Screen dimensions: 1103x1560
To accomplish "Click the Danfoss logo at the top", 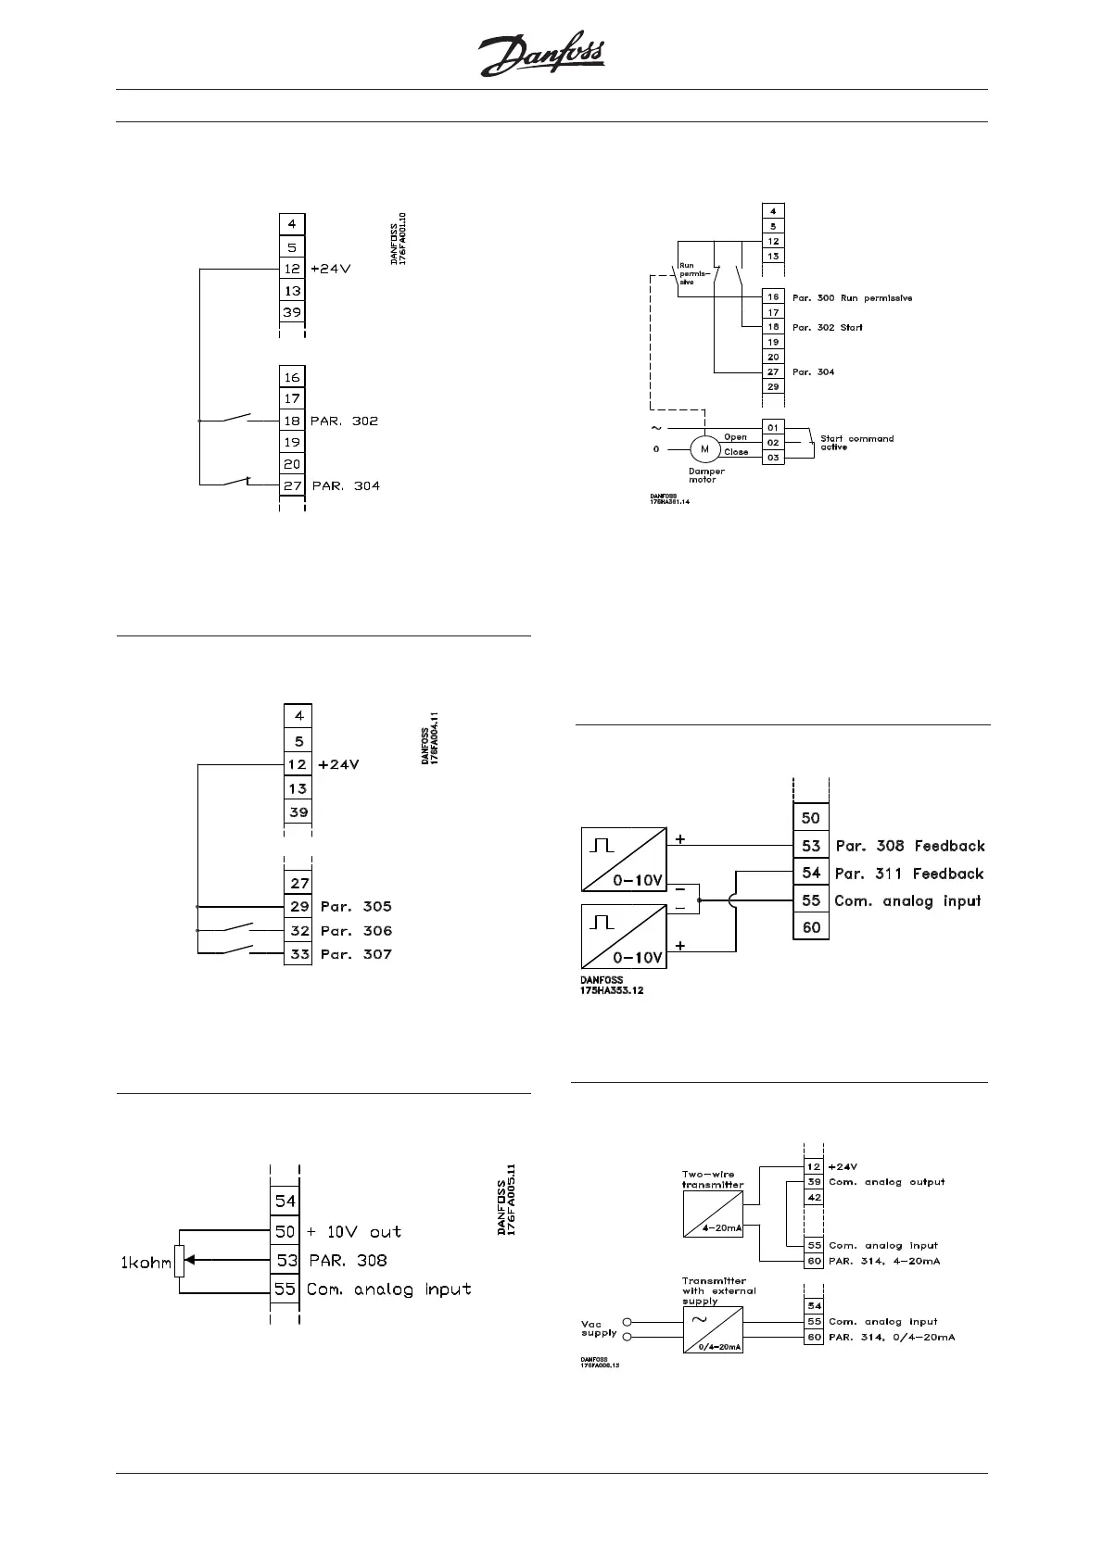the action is [x=542, y=57].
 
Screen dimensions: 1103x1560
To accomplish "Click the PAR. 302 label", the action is [x=344, y=421].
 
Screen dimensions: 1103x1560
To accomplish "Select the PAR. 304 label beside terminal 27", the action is [x=346, y=485].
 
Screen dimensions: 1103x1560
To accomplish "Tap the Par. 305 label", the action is [x=356, y=906].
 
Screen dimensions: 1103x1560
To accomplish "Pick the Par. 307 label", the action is [x=356, y=954].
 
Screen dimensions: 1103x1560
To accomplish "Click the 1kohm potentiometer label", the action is [x=145, y=1262].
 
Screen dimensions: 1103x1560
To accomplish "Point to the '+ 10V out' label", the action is [x=354, y=1231].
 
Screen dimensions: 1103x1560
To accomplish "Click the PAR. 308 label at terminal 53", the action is [x=348, y=1260].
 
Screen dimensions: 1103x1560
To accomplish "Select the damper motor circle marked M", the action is [x=704, y=449].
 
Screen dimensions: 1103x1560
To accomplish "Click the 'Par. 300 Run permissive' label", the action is [x=852, y=298].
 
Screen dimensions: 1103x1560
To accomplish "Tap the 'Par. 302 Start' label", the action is [x=827, y=328].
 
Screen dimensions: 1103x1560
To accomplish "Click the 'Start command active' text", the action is [x=856, y=443].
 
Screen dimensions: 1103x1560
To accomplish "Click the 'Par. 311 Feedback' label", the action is [x=908, y=874].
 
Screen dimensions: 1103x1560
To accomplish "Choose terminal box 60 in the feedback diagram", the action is [x=811, y=926].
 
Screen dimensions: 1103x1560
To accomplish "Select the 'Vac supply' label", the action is [x=599, y=1327].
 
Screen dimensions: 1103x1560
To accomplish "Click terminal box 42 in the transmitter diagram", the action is [x=813, y=1198].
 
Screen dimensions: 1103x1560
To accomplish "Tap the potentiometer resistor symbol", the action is [x=180, y=1260].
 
